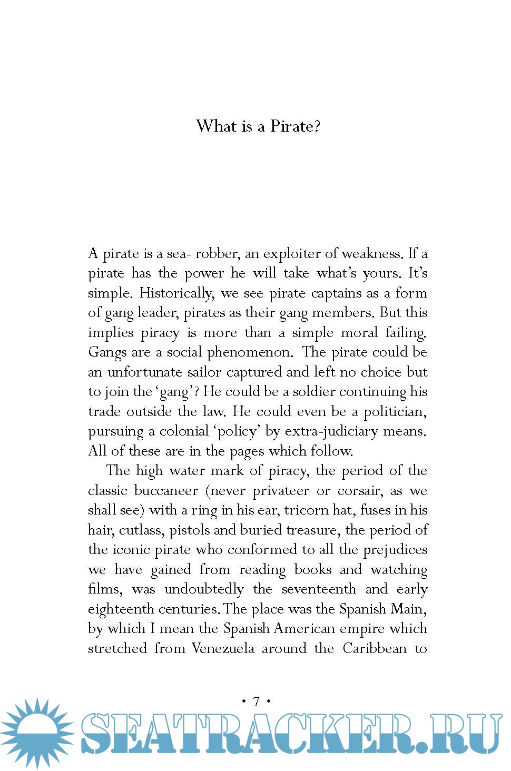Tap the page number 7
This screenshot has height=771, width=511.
pos(257,701)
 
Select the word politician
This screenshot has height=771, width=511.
pos(395,411)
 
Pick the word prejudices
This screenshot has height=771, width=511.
pos(395,550)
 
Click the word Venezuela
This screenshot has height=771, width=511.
pos(223,648)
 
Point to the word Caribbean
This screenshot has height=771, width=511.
pos(375,648)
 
